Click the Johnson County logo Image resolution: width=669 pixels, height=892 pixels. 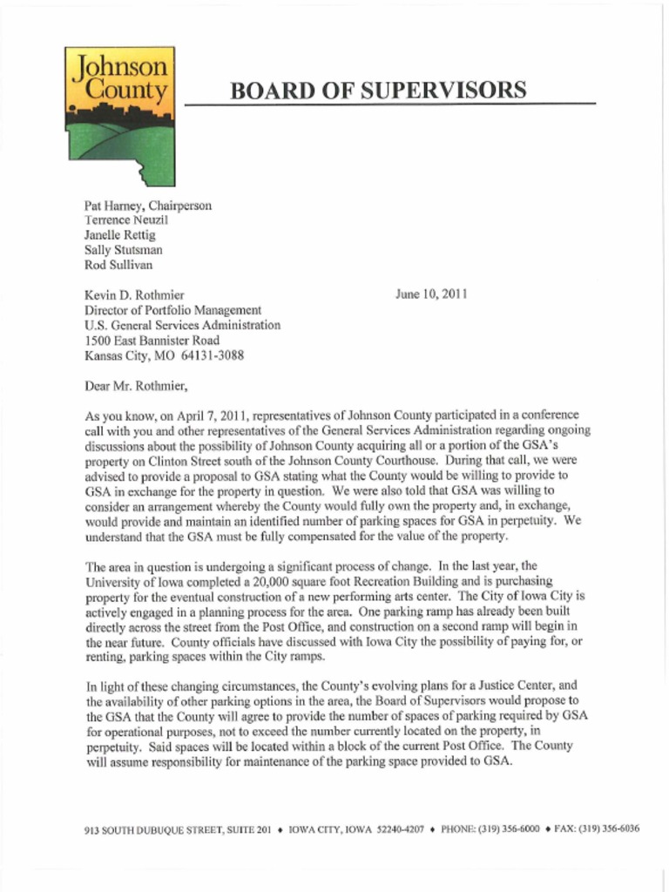tap(120, 116)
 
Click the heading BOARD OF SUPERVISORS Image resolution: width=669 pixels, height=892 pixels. tap(378, 90)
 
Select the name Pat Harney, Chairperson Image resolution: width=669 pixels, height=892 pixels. tap(147, 206)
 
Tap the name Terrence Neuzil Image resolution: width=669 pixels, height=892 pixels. tap(125, 220)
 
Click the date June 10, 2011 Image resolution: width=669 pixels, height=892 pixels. tap(431, 294)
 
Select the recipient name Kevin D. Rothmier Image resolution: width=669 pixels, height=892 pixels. tap(133, 295)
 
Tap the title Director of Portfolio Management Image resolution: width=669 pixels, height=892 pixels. tap(172, 310)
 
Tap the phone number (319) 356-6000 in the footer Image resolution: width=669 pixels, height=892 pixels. tap(508, 829)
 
